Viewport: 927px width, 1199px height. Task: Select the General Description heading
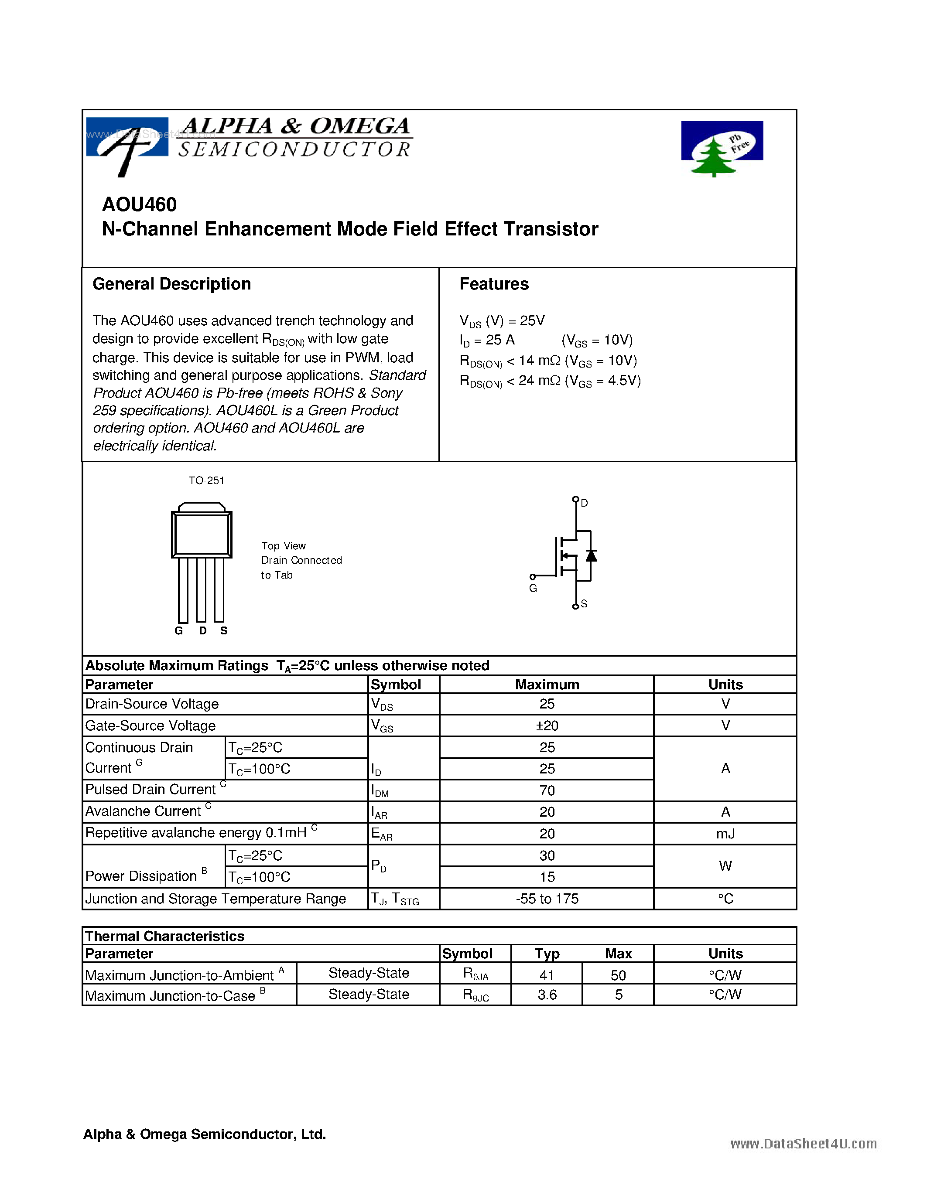[x=171, y=284]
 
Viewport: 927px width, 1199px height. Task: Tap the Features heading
[x=494, y=284]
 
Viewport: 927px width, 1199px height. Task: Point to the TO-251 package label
[x=206, y=480]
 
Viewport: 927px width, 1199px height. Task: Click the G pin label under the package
[x=178, y=631]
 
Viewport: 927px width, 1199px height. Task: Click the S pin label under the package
[x=223, y=631]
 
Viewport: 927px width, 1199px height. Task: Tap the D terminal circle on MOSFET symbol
[x=575, y=499]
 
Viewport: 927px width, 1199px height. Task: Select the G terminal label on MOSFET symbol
[x=533, y=588]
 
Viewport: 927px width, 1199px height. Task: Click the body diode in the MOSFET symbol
[x=591, y=555]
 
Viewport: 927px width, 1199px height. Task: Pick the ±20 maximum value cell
[x=547, y=726]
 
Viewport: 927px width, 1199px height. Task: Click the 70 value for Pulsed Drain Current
[x=547, y=790]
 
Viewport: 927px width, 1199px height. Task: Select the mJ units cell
[x=725, y=834]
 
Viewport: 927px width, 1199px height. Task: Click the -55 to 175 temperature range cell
[x=547, y=899]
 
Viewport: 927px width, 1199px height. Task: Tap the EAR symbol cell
[x=382, y=834]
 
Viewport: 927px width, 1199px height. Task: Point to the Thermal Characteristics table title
[x=165, y=936]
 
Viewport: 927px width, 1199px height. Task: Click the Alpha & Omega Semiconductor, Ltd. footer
[x=204, y=1134]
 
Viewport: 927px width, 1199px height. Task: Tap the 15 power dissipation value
[x=547, y=877]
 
